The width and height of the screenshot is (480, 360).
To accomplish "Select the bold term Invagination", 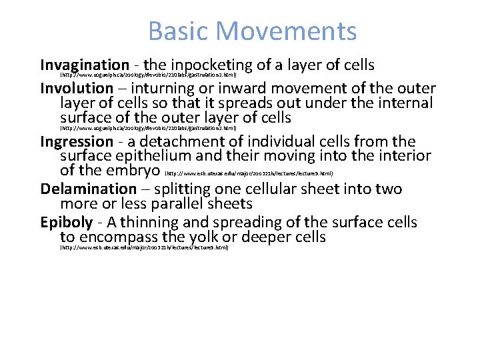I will coord(85,65).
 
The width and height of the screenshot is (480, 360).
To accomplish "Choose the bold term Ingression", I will coord(77,141).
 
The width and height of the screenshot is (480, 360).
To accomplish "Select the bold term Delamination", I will coord(88,189).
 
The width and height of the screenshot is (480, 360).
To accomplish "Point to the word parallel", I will coord(186,203).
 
